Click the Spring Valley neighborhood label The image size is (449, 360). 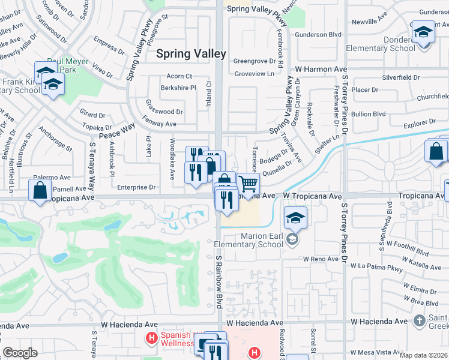(x=191, y=53)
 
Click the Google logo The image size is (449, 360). (x=20, y=353)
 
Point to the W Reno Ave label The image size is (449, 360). (x=321, y=259)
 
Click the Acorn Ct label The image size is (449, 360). (x=179, y=76)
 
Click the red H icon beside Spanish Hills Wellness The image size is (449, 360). (x=152, y=339)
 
